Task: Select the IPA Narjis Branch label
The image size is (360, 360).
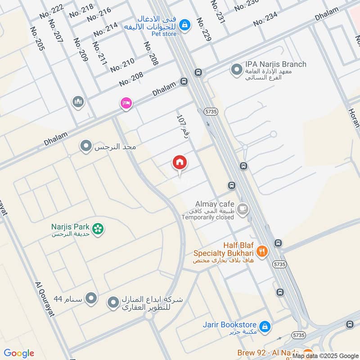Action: [276, 64]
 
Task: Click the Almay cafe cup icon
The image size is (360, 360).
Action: [243, 209]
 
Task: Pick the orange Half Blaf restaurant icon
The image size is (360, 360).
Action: [261, 251]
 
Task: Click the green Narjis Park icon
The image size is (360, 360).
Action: [99, 229]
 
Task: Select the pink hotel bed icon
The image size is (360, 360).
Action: [126, 103]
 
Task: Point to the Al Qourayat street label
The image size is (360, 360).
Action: [45, 299]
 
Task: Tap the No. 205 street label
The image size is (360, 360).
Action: [37, 39]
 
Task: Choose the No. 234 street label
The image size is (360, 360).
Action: [271, 19]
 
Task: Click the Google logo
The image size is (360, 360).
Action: [19, 353]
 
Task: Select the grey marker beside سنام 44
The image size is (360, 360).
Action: [91, 298]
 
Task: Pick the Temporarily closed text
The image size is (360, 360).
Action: [207, 217]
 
